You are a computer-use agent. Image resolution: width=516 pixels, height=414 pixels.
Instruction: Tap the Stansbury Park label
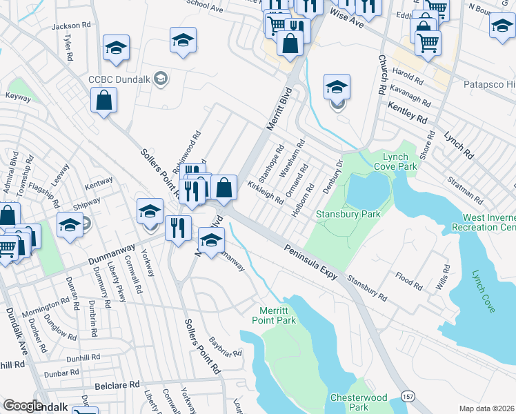pyautogui.click(x=348, y=214)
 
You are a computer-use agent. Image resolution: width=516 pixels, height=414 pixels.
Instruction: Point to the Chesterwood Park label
pyautogui.click(x=359, y=402)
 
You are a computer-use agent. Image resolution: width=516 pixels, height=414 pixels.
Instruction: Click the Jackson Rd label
pyautogui.click(x=71, y=26)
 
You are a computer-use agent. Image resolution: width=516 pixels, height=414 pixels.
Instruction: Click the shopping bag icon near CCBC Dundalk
pyautogui.click(x=103, y=101)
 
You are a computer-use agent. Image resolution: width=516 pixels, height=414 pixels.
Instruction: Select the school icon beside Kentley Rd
pyautogui.click(x=337, y=88)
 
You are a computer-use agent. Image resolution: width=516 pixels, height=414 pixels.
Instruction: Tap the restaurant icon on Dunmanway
pyautogui.click(x=178, y=228)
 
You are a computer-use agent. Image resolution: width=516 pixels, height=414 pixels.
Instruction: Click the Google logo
pyautogui.click(x=23, y=406)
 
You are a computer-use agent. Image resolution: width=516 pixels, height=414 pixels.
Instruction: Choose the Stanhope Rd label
pyautogui.click(x=275, y=159)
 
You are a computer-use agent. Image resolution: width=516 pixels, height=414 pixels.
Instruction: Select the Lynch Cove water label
pyautogui.click(x=483, y=290)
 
